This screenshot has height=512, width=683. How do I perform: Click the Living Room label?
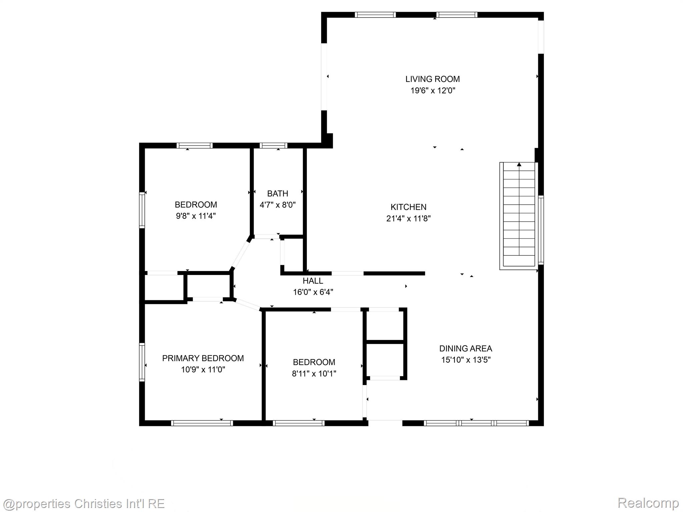[432, 79]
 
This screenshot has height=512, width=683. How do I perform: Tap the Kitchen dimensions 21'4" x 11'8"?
[408, 218]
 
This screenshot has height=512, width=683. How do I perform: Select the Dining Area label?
[466, 348]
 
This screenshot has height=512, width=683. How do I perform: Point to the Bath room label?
[277, 193]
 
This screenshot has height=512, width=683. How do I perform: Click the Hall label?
[313, 281]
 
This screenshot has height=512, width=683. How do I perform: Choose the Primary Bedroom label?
[203, 358]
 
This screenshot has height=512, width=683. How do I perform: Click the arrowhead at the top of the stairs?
[519, 164]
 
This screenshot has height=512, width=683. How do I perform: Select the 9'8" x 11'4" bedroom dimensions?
[196, 216]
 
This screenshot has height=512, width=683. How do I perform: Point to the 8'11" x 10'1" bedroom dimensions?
[314, 373]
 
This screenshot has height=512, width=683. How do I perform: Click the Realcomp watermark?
[648, 502]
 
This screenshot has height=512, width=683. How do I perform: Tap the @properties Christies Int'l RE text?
[83, 503]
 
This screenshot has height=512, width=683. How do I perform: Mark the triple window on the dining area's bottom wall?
[476, 423]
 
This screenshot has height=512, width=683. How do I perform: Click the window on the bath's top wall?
[273, 145]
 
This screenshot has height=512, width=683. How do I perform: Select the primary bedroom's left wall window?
[142, 362]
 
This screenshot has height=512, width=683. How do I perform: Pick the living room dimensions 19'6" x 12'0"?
[433, 90]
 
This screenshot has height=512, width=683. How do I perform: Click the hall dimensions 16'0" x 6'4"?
[313, 292]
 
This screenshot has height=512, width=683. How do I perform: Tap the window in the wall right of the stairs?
[541, 230]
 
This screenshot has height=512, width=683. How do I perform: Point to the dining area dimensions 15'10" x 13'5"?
[466, 360]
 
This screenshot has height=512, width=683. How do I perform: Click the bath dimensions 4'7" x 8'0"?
[277, 205]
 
